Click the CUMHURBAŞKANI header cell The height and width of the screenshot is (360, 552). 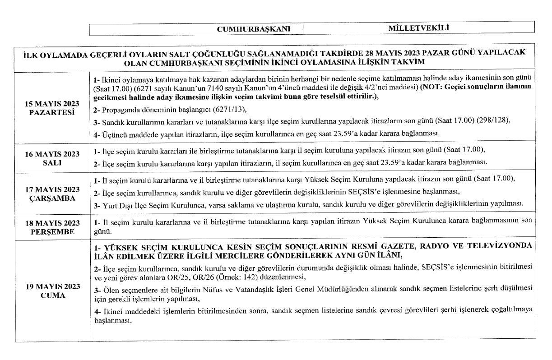(x=259, y=29)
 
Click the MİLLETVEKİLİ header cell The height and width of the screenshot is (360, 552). (x=418, y=28)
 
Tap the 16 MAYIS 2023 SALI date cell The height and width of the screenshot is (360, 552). (x=52, y=158)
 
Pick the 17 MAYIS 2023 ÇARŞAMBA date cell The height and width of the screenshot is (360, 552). (x=52, y=193)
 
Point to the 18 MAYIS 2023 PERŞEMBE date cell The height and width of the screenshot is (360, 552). (x=52, y=227)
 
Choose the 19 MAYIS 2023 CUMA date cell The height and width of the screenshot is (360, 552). (x=52, y=291)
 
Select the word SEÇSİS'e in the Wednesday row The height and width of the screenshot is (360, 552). (x=350, y=191)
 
